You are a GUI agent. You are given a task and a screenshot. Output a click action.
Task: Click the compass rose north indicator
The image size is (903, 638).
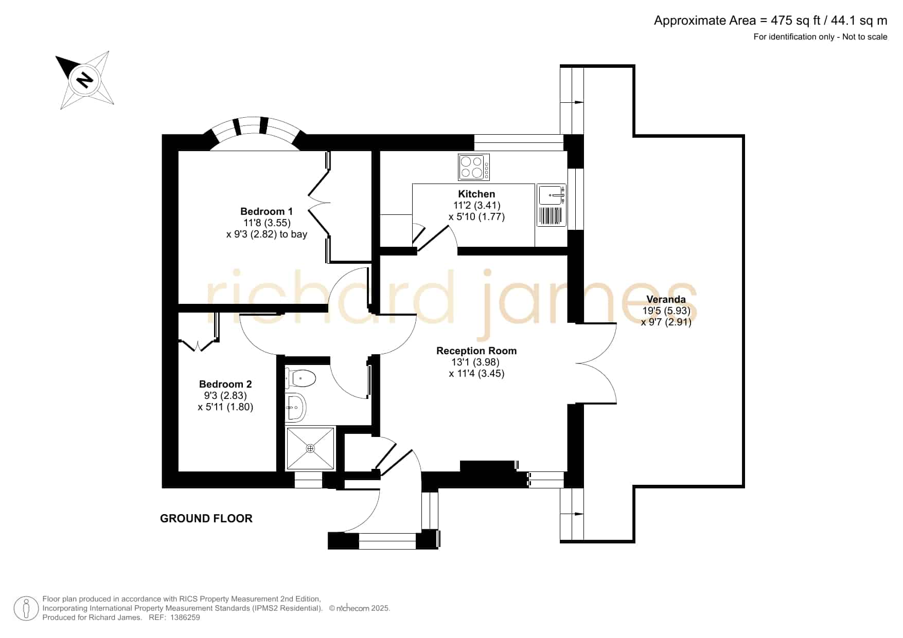click(x=84, y=80)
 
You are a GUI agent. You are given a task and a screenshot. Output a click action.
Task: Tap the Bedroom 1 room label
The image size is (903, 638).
click(x=267, y=211)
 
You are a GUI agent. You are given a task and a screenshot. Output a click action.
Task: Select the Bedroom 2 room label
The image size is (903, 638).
click(x=225, y=384)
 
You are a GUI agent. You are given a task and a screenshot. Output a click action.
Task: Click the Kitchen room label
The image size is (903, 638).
click(x=476, y=194)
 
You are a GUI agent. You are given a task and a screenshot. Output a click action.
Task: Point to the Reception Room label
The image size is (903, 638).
click(x=476, y=351)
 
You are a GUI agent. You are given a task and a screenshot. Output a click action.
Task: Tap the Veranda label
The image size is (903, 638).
click(x=666, y=299)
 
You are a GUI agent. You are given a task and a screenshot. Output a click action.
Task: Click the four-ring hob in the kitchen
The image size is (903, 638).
click(x=474, y=167)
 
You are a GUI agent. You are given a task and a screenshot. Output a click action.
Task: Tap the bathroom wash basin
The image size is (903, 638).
click(x=295, y=407)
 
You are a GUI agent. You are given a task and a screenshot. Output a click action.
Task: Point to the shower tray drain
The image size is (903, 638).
click(x=310, y=448)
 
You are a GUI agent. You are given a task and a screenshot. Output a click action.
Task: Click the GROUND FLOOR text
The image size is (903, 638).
click(x=206, y=518)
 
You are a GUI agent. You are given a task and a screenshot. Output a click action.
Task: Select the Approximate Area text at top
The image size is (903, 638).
click(x=770, y=21)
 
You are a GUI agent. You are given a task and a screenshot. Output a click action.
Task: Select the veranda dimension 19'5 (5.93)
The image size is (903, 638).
click(x=666, y=311)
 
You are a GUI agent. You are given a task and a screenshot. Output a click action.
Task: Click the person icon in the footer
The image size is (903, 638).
click(x=26, y=608)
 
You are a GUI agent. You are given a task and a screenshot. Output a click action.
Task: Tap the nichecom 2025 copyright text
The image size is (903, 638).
click(x=359, y=608)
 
